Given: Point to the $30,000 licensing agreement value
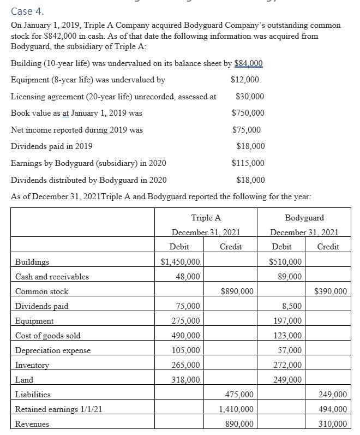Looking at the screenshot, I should click(250, 97).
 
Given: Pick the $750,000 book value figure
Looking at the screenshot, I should click(248, 113).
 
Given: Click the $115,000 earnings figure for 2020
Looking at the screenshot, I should click(248, 163).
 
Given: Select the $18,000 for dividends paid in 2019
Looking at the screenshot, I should click(250, 146).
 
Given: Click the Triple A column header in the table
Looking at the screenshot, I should click(206, 218).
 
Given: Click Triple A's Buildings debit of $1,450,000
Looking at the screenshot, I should click(181, 262).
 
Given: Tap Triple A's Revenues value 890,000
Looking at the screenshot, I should click(239, 424).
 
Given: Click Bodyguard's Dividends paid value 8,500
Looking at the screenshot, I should click(290, 306).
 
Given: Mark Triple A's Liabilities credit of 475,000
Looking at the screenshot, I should click(239, 395).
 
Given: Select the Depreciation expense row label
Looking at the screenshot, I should click(53, 350).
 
